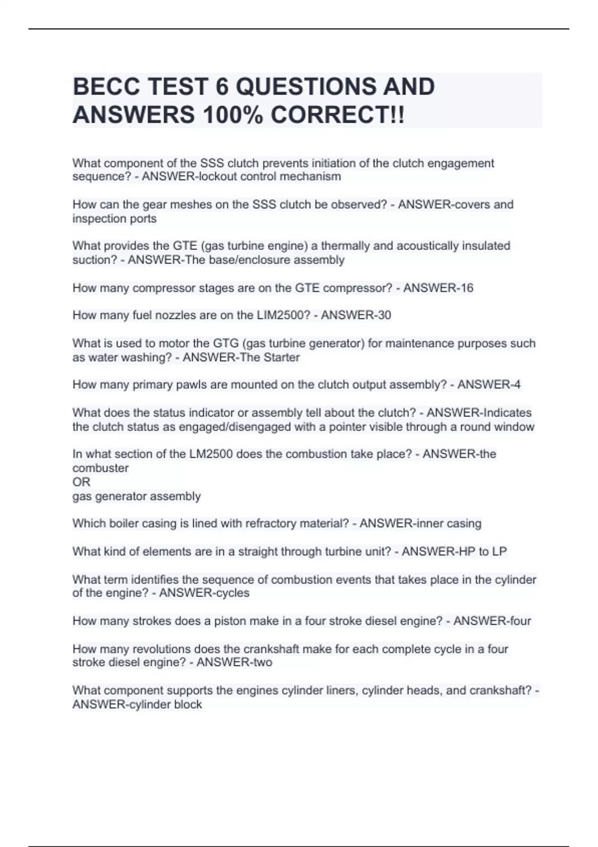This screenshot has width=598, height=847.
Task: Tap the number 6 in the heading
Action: (x=221, y=87)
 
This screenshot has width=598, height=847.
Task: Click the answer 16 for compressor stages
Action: (x=466, y=288)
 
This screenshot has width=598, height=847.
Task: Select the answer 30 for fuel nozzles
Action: (x=384, y=315)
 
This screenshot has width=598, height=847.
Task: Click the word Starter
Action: (x=282, y=357)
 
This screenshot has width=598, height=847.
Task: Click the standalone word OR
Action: (x=81, y=482)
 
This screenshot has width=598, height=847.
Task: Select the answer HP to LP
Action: (x=482, y=552)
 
